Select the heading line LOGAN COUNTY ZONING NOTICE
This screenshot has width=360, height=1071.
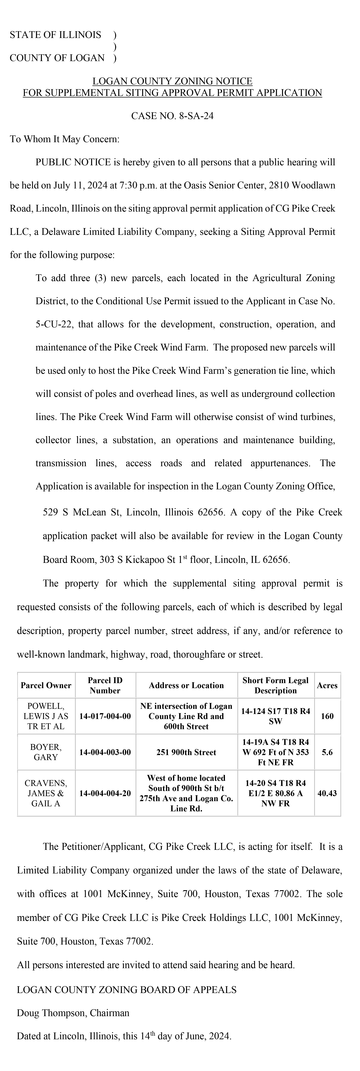(172, 81)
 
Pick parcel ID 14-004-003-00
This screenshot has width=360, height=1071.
(105, 752)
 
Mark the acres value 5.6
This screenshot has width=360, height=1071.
(327, 752)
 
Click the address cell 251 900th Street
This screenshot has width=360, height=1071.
(186, 752)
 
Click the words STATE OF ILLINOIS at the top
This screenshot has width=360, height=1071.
(55, 35)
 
